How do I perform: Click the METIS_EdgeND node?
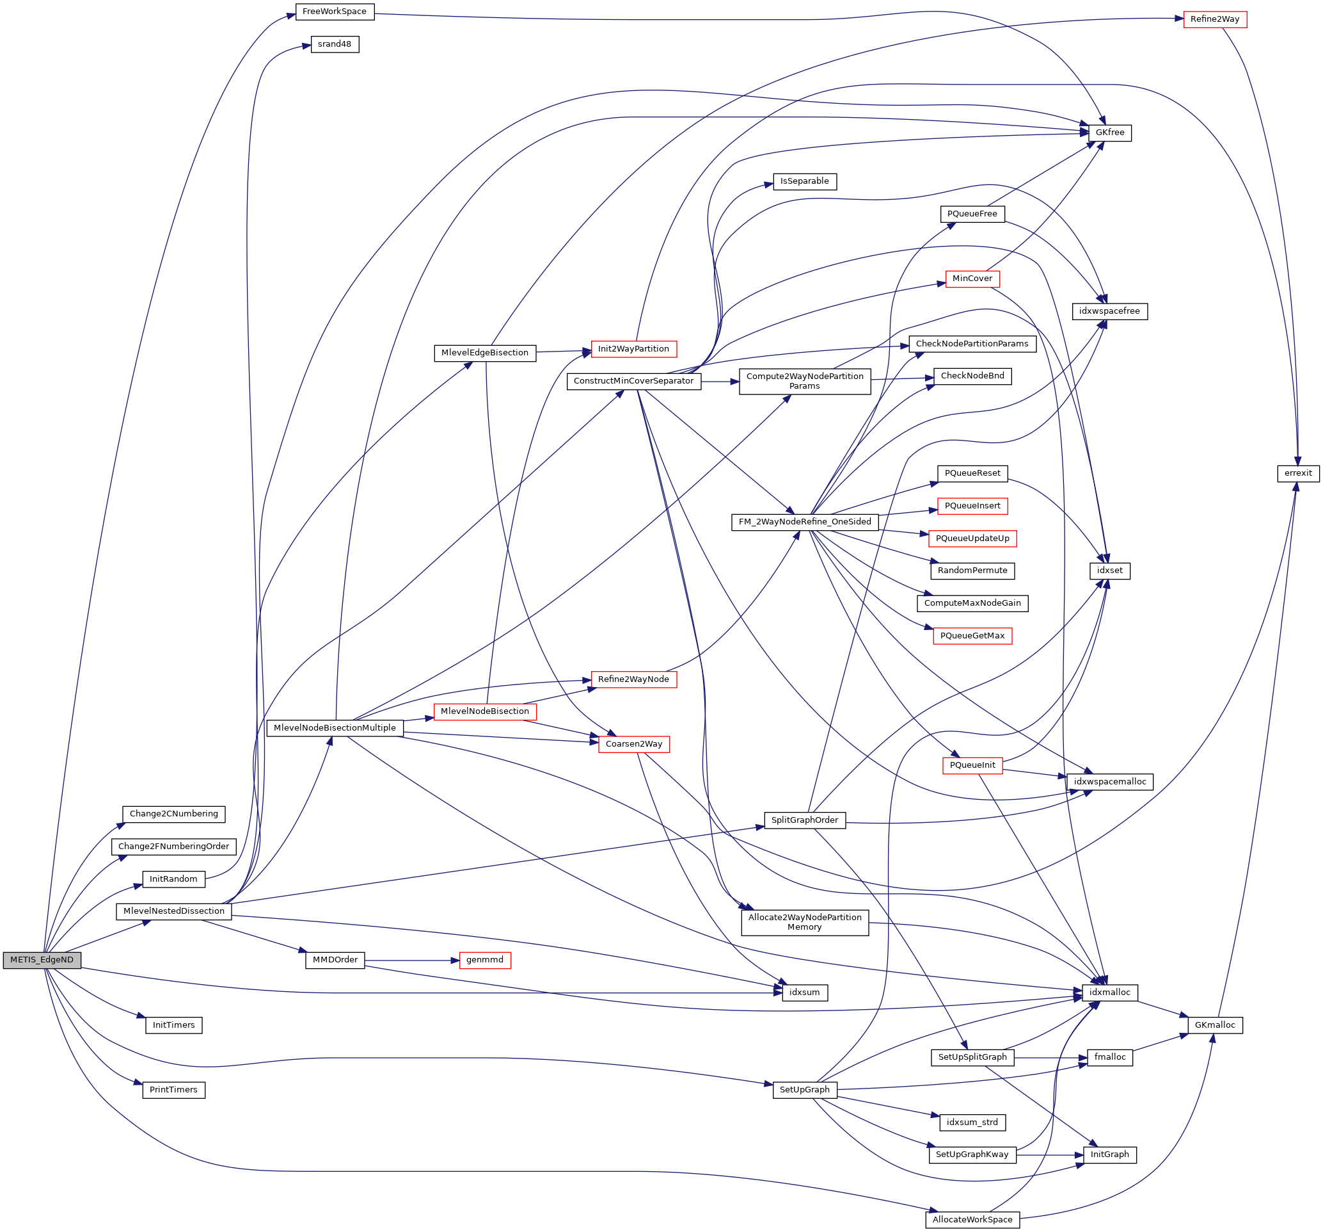point(42,960)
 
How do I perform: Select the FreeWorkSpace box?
point(335,12)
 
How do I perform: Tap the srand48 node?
point(335,45)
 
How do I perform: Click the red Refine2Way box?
point(1214,19)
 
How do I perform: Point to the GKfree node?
point(1109,133)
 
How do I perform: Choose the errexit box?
point(1297,473)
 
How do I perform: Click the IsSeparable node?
point(805,181)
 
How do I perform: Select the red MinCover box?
point(972,279)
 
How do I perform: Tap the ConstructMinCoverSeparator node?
point(633,381)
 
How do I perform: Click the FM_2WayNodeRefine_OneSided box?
point(805,522)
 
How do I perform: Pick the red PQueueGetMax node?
point(972,636)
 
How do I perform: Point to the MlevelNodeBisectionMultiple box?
point(335,728)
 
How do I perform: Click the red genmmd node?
point(484,960)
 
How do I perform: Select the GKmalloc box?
point(1214,1025)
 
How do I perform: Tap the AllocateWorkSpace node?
point(972,1220)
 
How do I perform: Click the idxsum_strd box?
point(972,1122)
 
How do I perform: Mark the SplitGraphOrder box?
point(805,820)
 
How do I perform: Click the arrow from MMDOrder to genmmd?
point(412,960)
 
